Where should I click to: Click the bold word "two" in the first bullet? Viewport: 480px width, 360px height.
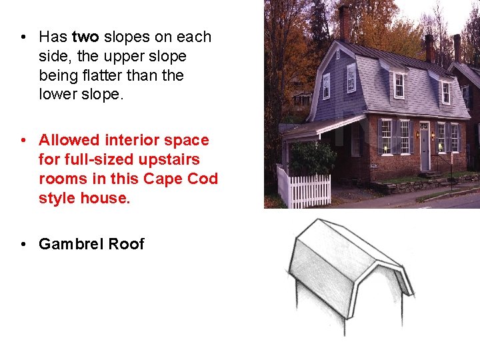(85, 37)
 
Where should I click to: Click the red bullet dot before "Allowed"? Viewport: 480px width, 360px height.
(23, 141)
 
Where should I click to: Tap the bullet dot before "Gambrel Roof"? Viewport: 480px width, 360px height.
(23, 245)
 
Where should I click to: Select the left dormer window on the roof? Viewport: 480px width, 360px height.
(399, 85)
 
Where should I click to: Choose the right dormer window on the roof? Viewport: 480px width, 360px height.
(445, 92)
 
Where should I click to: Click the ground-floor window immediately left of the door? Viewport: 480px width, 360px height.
(405, 137)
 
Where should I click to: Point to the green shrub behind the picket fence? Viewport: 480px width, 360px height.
(312, 159)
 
